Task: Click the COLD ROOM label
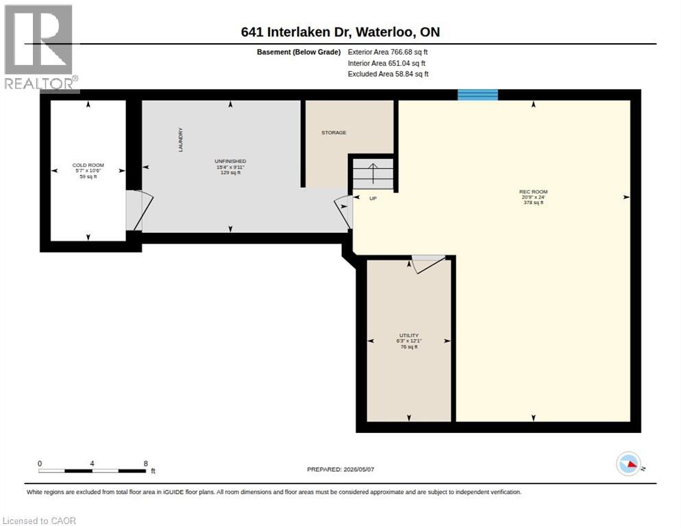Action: pyautogui.click(x=88, y=165)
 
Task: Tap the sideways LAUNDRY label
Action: pyautogui.click(x=180, y=140)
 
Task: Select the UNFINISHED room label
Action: pyautogui.click(x=230, y=161)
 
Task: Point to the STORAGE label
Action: pyautogui.click(x=334, y=132)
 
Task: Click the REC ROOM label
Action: pyautogui.click(x=533, y=192)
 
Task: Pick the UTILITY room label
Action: pyautogui.click(x=409, y=336)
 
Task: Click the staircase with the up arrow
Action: pyautogui.click(x=373, y=173)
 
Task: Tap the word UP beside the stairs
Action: pyautogui.click(x=373, y=199)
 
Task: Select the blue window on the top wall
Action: pyautogui.click(x=478, y=95)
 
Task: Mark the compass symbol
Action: pyautogui.click(x=628, y=464)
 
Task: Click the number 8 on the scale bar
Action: pyautogui.click(x=145, y=464)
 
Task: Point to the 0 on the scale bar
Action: pyautogui.click(x=40, y=464)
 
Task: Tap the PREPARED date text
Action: pyautogui.click(x=340, y=470)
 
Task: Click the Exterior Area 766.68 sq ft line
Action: pyautogui.click(x=387, y=52)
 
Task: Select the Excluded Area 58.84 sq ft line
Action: pyautogui.click(x=388, y=74)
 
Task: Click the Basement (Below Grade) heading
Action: pyautogui.click(x=299, y=52)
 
